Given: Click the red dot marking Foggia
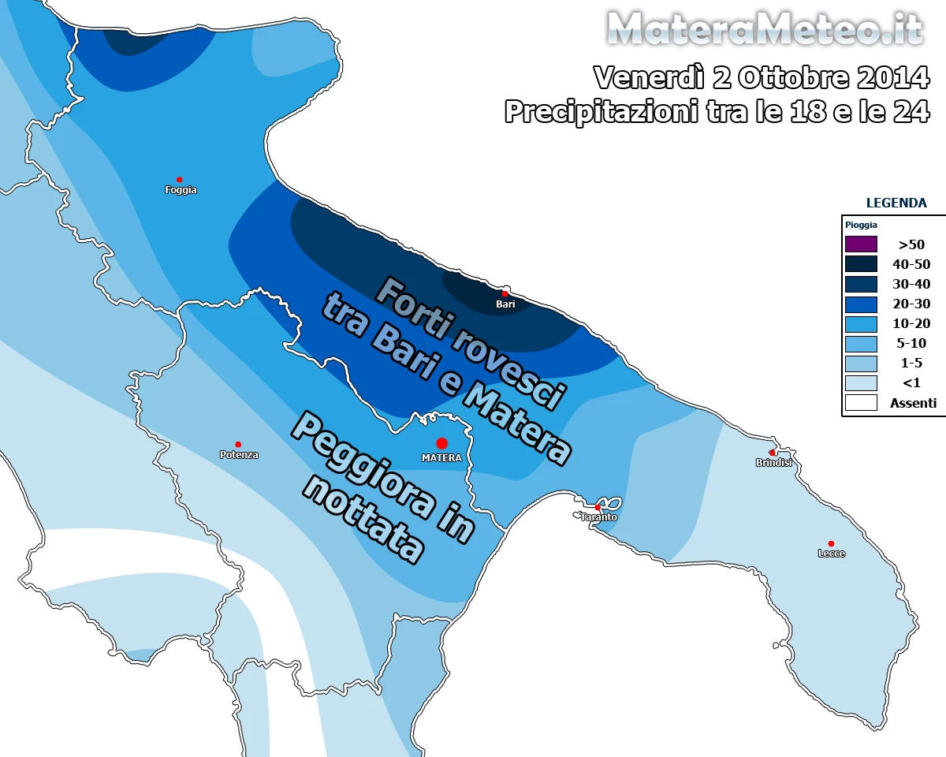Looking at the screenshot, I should click(x=180, y=180).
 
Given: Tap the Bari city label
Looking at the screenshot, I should click(x=505, y=304).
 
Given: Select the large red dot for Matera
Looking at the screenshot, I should click(x=441, y=443).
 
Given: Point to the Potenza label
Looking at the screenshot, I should click(x=239, y=455).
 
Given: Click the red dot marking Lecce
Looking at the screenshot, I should click(x=831, y=543).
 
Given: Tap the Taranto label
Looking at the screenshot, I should click(x=599, y=517).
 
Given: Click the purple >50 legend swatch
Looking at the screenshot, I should click(x=861, y=244).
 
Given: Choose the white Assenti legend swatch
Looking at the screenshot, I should click(x=861, y=402).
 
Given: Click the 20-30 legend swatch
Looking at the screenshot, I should click(x=861, y=304).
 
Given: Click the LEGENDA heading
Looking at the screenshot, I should click(x=896, y=203).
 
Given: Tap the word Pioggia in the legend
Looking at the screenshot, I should click(x=861, y=225).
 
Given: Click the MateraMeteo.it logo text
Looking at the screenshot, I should click(x=765, y=30).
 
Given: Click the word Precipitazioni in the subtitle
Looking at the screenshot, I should click(x=599, y=111).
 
